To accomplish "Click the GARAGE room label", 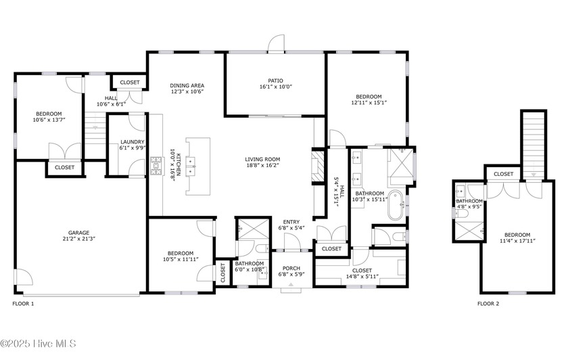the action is click(x=78, y=233).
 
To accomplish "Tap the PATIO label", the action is click(x=276, y=81).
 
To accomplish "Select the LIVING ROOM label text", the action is click(x=262, y=159).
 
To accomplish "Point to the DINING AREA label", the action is click(x=187, y=85).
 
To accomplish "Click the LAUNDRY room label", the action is click(x=133, y=141).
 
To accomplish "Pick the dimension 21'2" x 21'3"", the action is click(x=78, y=239).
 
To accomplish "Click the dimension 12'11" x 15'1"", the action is click(x=369, y=103).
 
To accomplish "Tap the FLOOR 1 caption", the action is click(x=23, y=304).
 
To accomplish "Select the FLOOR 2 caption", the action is click(x=488, y=304).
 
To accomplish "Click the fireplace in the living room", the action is click(x=318, y=166).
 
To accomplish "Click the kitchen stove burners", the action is click(x=156, y=166).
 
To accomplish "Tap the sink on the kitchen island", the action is click(x=191, y=166).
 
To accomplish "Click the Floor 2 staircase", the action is click(x=534, y=144).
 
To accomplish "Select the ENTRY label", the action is click(x=291, y=222).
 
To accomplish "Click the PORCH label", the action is click(x=291, y=268).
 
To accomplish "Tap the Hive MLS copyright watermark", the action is click(x=38, y=344).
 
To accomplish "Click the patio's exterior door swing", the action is click(x=276, y=43).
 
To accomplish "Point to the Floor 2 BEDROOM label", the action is click(x=517, y=235).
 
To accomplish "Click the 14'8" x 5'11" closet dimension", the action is click(x=362, y=277).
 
